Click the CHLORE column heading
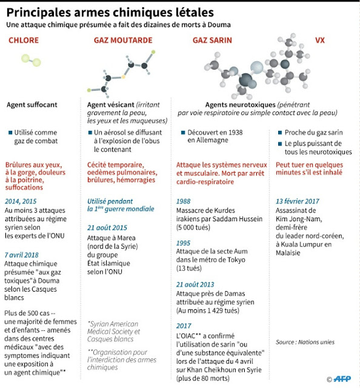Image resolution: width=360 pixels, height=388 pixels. point(24,40)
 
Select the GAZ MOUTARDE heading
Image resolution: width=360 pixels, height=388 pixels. point(123,40)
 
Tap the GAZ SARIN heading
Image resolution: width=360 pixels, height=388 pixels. point(212,40)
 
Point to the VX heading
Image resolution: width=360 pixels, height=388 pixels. point(319,40)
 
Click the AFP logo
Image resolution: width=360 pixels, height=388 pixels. point(342,378)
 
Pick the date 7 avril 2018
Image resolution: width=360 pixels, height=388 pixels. point(22,255)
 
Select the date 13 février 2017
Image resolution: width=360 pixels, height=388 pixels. point(298,201)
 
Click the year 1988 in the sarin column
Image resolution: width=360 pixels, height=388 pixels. point(184,201)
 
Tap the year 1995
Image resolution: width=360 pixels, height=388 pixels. point(183,243)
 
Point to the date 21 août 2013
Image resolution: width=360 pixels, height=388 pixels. point(195,284)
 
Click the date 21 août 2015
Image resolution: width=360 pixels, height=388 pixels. point(107,228)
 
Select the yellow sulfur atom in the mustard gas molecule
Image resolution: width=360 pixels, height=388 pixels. point(123,77)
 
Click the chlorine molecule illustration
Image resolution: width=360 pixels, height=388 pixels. point(31,61)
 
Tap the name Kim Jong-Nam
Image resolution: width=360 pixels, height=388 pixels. point(299,219)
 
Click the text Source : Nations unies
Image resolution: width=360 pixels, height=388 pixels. point(305,342)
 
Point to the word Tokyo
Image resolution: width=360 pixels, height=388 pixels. point(235,260)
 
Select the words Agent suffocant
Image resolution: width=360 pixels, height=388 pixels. point(32,105)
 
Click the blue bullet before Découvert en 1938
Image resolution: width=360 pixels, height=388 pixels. point(183,133)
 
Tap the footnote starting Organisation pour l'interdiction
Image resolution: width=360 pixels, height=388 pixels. point(122,360)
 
